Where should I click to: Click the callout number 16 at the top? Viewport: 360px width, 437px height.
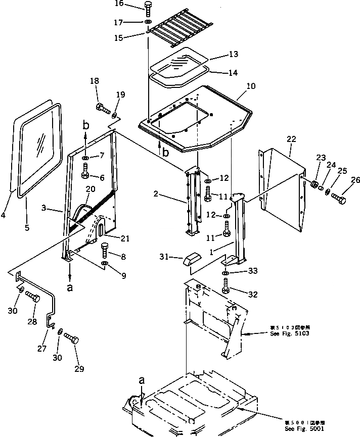pos(118,4)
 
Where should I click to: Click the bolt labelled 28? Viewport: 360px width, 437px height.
pos(32,298)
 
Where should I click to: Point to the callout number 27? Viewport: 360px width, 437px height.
pos(42,349)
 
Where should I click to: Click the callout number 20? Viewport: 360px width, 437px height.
pos(91,188)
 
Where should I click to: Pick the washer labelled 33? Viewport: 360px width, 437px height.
pos(225,273)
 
